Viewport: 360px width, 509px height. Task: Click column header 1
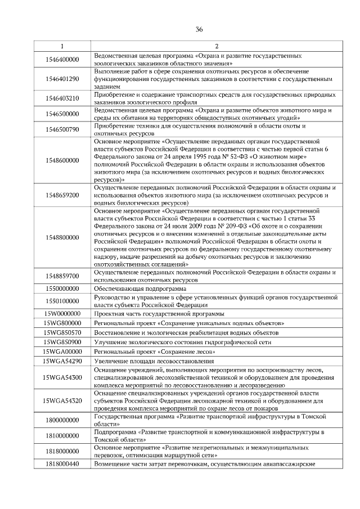coord(62,46)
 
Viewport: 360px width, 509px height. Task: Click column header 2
coord(216,46)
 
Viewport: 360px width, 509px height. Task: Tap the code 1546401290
coord(62,79)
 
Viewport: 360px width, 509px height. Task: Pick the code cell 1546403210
coord(62,98)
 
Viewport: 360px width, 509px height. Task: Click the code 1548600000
coord(62,160)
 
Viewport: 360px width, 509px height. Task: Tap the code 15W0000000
coord(62,313)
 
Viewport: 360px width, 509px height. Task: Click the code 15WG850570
coord(62,332)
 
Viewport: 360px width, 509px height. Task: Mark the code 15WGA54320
coord(62,400)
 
